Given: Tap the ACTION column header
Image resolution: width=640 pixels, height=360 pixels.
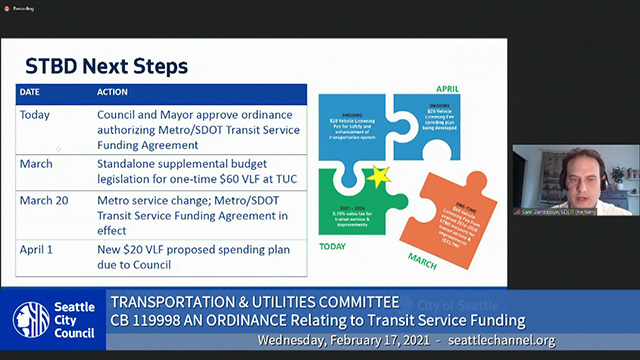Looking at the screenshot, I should (112, 93).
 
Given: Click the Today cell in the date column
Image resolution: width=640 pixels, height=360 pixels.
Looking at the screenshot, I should (35, 114).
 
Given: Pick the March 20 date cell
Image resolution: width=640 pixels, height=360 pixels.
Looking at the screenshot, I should (44, 200).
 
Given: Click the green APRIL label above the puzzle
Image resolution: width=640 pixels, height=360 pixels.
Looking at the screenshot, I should (447, 89).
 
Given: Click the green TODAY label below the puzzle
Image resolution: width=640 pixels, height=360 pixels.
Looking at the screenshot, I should (333, 242).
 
